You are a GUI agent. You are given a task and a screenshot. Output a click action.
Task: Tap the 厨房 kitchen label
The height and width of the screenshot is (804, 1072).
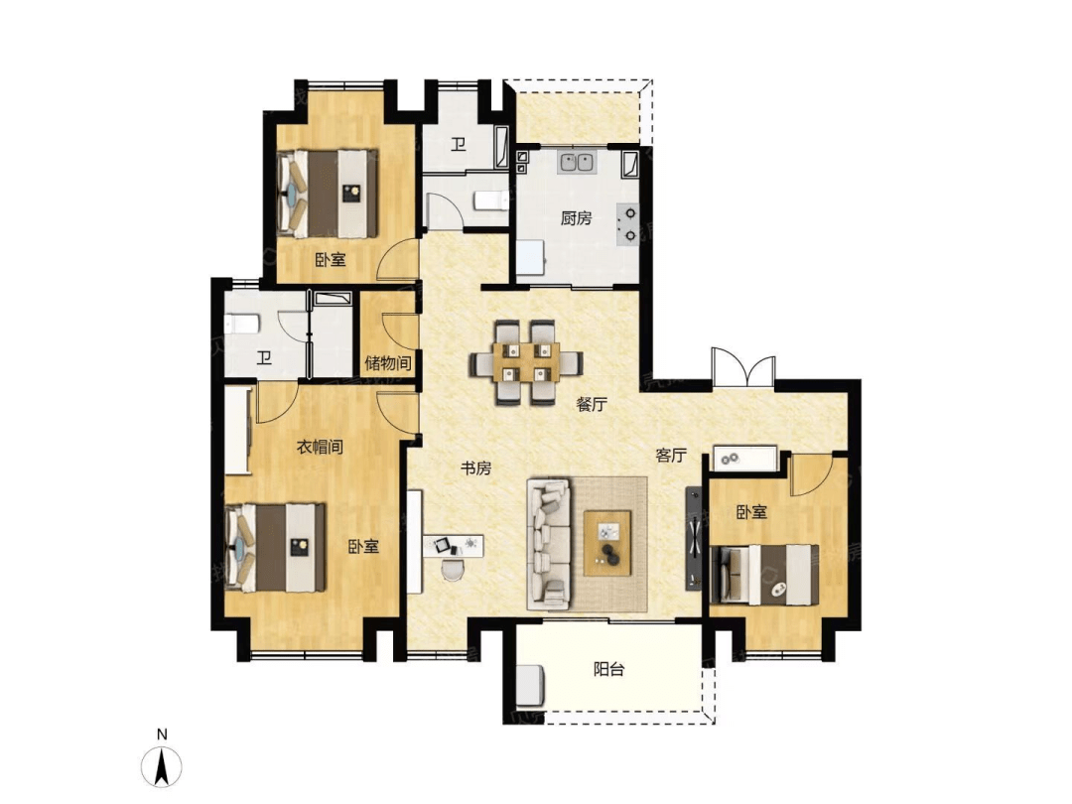(576, 218)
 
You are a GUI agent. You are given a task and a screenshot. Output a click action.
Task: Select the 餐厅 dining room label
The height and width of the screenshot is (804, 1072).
(592, 404)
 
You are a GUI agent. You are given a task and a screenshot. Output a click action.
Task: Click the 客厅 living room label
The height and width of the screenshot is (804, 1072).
(671, 456)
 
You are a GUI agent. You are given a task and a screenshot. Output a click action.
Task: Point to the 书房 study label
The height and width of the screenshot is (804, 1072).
(475, 469)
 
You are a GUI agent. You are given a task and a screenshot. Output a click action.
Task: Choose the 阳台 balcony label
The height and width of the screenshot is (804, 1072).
(608, 669)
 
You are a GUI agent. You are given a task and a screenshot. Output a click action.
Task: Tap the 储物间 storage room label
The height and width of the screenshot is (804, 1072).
(388, 363)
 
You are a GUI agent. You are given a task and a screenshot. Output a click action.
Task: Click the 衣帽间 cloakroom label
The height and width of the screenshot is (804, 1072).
(320, 447)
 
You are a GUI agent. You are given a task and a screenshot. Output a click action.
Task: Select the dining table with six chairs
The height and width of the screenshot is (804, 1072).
(526, 362)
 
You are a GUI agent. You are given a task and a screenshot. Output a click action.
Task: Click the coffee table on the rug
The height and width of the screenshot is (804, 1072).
(607, 543)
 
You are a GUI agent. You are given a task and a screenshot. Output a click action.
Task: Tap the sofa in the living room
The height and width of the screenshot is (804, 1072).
(548, 544)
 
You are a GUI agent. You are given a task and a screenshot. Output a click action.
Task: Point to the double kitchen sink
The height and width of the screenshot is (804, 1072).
(578, 163)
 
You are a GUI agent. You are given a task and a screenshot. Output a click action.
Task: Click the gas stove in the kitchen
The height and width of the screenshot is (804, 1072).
(628, 224)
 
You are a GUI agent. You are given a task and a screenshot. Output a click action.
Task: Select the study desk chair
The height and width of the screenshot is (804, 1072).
(452, 568)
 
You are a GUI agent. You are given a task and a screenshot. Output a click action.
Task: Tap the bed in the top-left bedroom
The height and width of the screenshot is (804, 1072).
(328, 194)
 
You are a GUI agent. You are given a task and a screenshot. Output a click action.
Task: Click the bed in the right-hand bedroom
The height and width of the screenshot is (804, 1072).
(763, 575)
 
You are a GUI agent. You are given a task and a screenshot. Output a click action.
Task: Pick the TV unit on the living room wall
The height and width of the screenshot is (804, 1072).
(694, 538)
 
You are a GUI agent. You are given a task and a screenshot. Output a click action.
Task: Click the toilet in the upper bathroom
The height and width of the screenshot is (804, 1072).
(491, 201)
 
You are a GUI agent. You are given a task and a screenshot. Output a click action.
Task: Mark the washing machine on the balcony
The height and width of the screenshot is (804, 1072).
(530, 684)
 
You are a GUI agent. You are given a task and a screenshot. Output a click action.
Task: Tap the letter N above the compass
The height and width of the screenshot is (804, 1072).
(162, 735)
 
